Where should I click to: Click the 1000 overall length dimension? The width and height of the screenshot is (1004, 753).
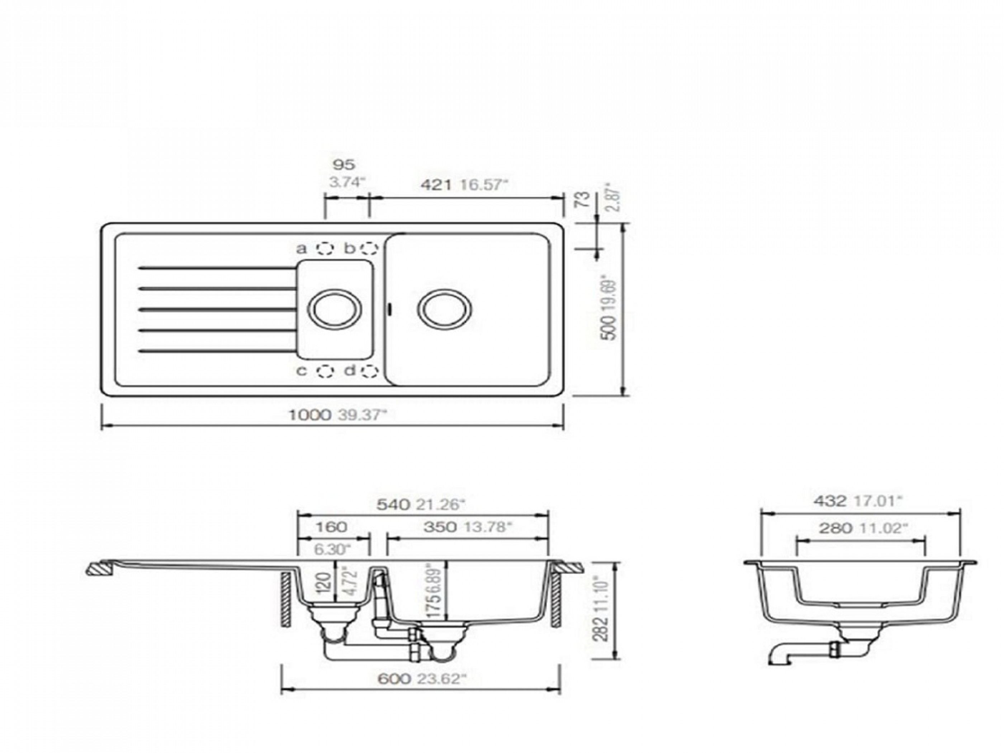(310, 415)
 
